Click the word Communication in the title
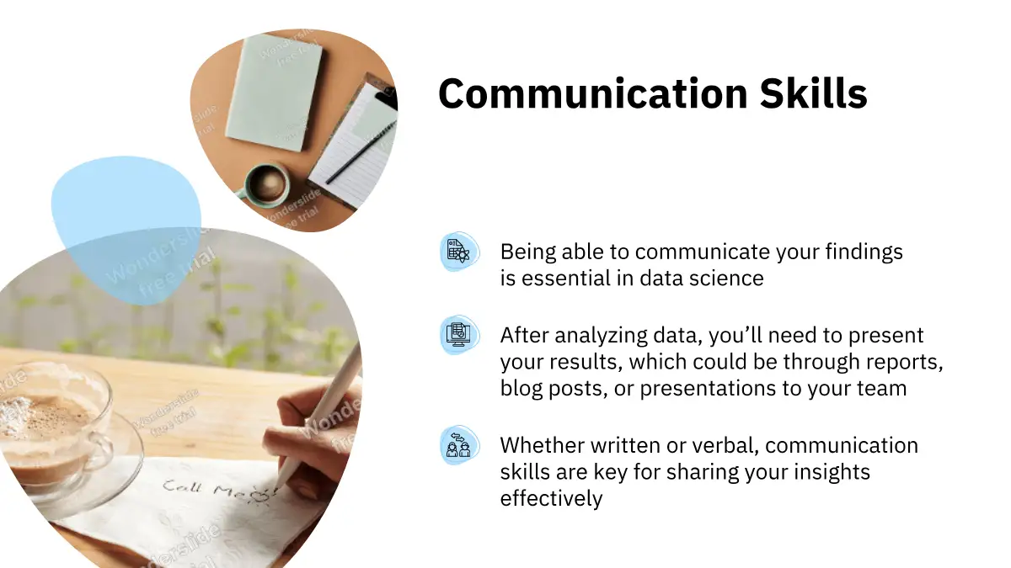[x=593, y=94]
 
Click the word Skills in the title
[x=813, y=93]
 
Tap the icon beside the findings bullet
[x=459, y=252]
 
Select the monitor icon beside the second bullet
[x=459, y=335]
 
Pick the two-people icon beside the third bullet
[x=459, y=445]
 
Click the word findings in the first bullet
[x=864, y=252]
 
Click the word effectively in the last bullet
[x=551, y=498]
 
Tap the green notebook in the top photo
[x=274, y=93]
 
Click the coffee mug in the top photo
[x=266, y=185]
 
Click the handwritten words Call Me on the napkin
[x=204, y=489]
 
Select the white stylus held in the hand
[x=321, y=415]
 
